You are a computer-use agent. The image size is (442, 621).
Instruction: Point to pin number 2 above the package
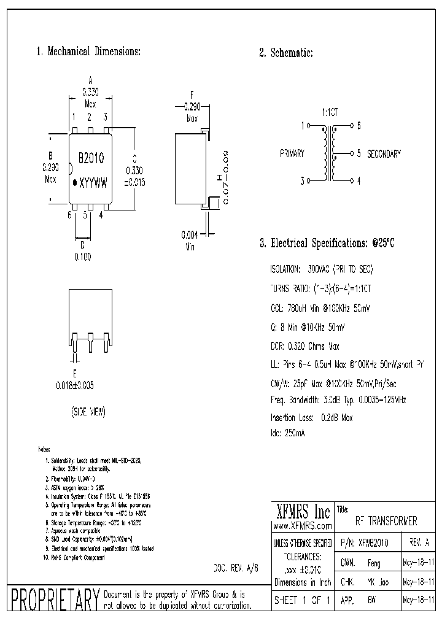pyautogui.click(x=90, y=117)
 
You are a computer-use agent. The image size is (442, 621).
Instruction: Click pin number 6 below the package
pyautogui.click(x=70, y=214)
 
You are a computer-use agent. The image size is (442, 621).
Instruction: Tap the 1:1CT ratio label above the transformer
pyautogui.click(x=330, y=114)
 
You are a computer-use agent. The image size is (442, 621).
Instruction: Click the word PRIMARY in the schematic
pyautogui.click(x=292, y=153)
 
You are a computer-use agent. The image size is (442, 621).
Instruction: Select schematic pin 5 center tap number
pyautogui.click(x=358, y=153)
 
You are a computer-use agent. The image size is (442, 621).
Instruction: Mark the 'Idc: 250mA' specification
pyautogui.click(x=287, y=433)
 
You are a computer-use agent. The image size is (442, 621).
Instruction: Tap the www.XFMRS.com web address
pyautogui.click(x=302, y=526)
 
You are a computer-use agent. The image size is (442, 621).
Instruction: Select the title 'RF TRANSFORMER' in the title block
pyautogui.click(x=386, y=521)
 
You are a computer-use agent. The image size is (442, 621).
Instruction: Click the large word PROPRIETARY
pyautogui.click(x=55, y=598)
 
